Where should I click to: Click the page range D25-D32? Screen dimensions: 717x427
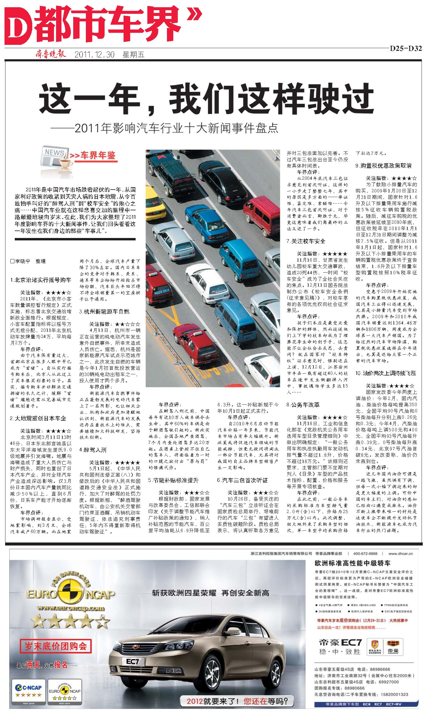click(406, 49)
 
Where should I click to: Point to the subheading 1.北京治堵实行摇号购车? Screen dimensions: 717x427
click(41, 280)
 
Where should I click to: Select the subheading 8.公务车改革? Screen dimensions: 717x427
click(303, 405)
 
